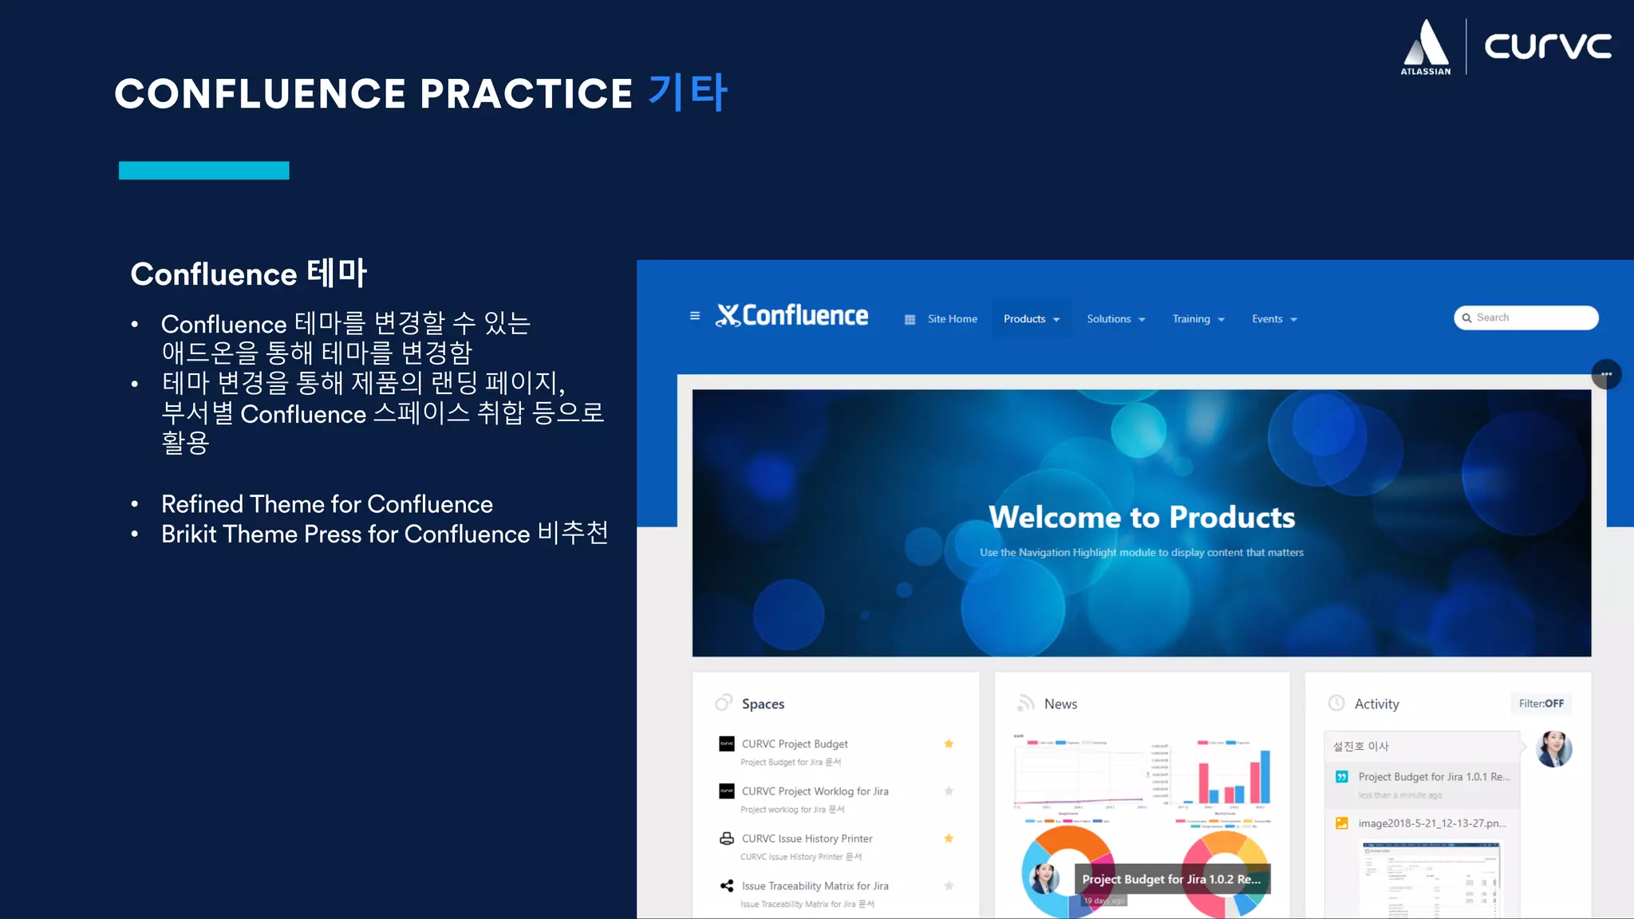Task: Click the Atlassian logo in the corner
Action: pos(1426,47)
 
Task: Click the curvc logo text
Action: pos(1547,45)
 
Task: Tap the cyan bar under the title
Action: pos(203,170)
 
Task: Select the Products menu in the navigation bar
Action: pos(1031,319)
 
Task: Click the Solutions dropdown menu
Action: pos(1115,319)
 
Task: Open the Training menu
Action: pos(1198,319)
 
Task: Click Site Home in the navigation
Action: pos(952,319)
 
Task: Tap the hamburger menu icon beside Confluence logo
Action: pos(695,316)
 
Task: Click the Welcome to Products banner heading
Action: pos(1142,517)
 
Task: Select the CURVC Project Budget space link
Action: pos(795,743)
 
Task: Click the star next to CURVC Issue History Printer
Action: pos(949,838)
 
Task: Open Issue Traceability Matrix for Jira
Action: pos(815,885)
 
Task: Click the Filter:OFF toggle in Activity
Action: pos(1541,704)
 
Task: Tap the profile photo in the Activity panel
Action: pos(1553,749)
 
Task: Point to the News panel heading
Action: pos(1060,704)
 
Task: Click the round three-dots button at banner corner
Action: pos(1606,374)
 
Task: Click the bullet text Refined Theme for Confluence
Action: pos(327,504)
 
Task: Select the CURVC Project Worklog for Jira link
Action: pos(815,791)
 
